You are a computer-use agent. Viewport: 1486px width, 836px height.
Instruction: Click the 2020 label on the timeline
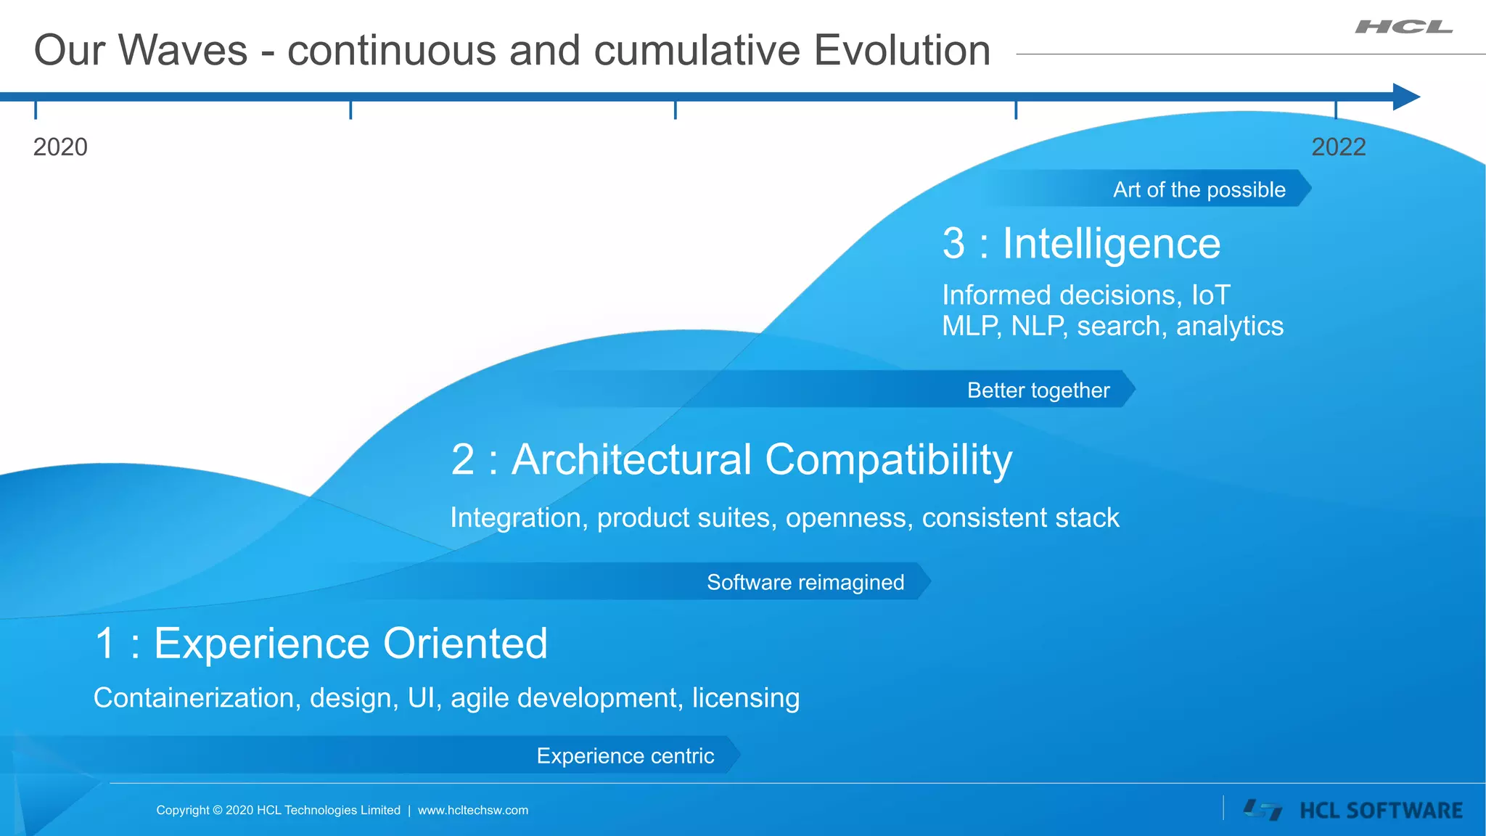click(60, 147)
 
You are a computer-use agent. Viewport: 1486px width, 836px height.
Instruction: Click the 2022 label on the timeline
click(1338, 147)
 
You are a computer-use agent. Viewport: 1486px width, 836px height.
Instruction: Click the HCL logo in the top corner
click(1403, 28)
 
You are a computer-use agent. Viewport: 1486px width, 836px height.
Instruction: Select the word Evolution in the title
click(902, 51)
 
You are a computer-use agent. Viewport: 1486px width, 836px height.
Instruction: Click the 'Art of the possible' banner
click(1199, 189)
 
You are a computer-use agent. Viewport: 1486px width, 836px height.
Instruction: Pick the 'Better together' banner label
click(1038, 390)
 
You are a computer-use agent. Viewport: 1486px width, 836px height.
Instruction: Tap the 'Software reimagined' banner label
click(805, 582)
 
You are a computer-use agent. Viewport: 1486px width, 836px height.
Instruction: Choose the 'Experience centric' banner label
click(625, 756)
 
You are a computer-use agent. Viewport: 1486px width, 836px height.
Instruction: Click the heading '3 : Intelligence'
click(1081, 244)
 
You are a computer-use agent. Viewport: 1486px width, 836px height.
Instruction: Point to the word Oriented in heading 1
click(465, 644)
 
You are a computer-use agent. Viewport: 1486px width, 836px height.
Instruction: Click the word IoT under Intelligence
click(1210, 295)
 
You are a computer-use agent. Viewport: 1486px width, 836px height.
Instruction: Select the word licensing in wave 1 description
click(745, 698)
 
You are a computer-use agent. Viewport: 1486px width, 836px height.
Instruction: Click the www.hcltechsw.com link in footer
click(473, 811)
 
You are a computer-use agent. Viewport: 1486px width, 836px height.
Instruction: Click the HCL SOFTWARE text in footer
click(1381, 811)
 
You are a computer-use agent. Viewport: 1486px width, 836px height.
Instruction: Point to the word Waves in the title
click(182, 51)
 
